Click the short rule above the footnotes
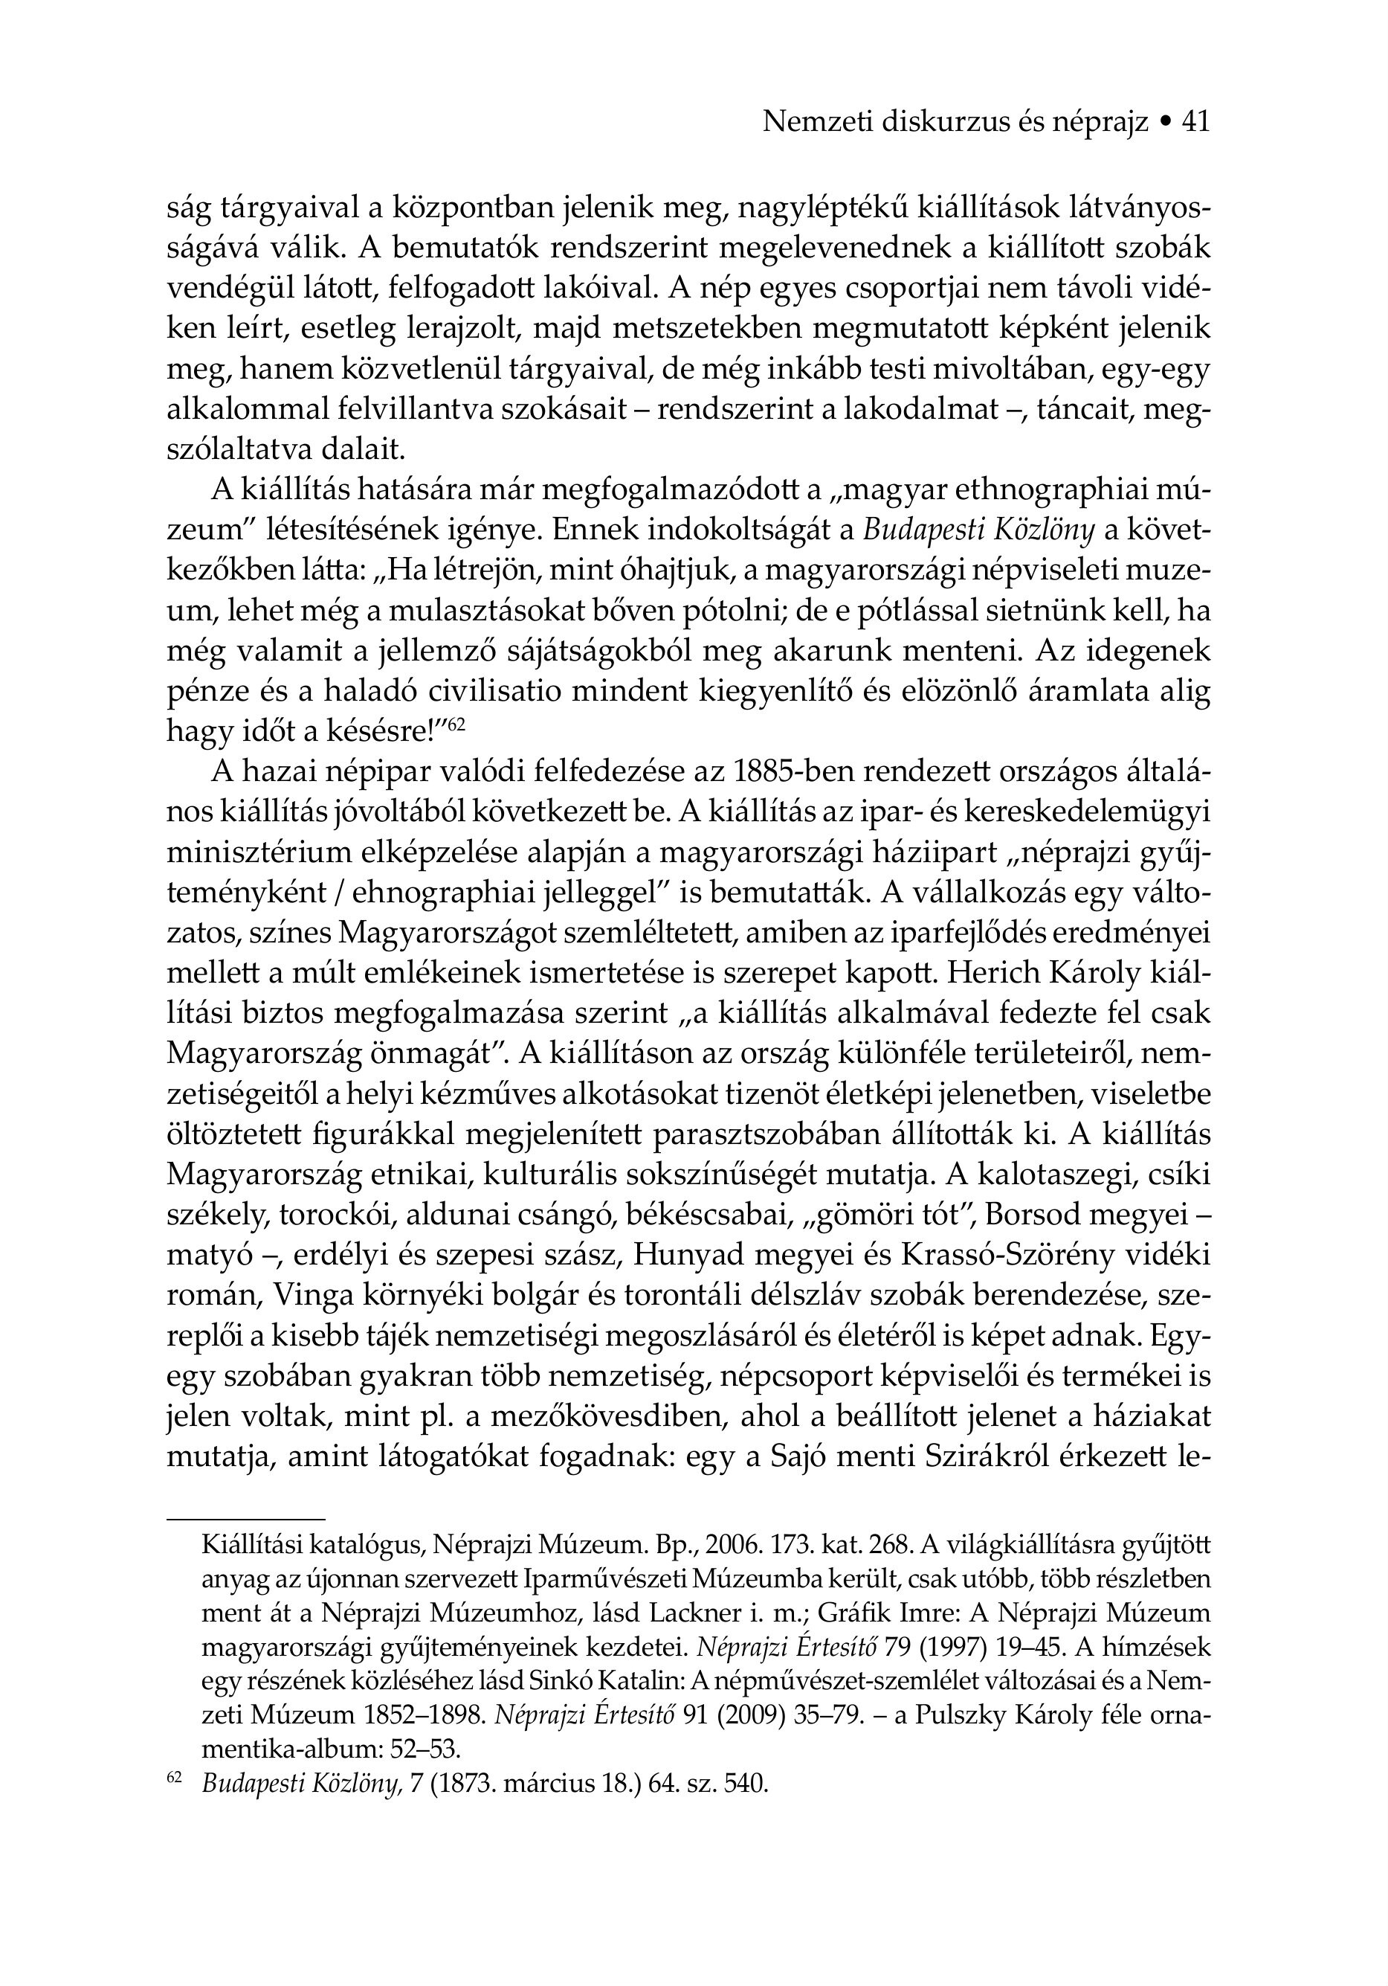click(x=245, y=1518)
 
